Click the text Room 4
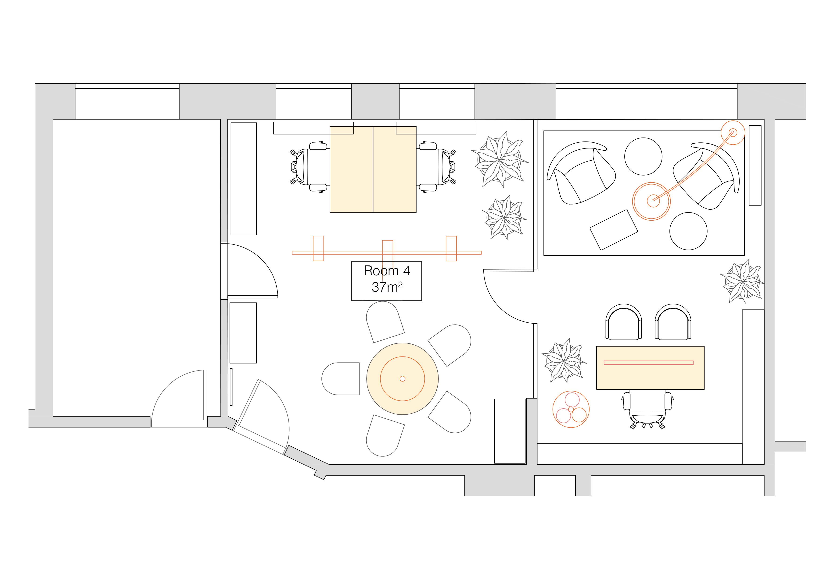(x=387, y=271)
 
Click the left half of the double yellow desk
(x=351, y=169)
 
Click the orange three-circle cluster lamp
(x=571, y=409)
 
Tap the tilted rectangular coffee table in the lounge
(x=614, y=230)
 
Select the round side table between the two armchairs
(x=643, y=156)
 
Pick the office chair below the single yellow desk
(x=647, y=409)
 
